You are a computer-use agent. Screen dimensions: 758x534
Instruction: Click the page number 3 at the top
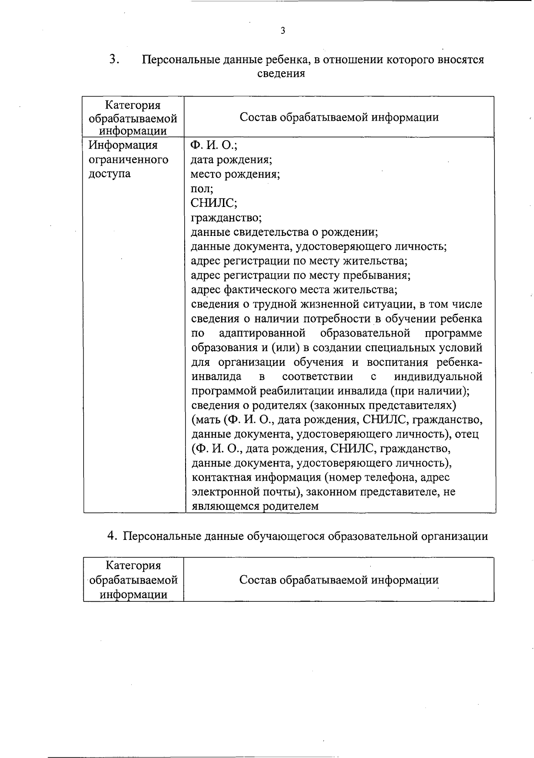click(x=283, y=31)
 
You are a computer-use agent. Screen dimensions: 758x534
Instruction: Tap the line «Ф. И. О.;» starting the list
click(x=214, y=145)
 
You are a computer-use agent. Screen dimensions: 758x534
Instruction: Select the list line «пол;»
click(x=202, y=188)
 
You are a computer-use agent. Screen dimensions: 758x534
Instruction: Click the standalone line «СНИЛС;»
click(x=214, y=203)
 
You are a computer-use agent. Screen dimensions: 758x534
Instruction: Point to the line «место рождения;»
click(x=235, y=174)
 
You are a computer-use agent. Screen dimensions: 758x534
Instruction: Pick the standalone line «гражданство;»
click(x=226, y=218)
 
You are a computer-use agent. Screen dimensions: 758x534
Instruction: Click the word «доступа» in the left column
click(x=109, y=174)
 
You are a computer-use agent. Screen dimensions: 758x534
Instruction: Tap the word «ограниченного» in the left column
click(x=129, y=159)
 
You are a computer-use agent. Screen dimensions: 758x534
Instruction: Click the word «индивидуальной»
click(x=438, y=377)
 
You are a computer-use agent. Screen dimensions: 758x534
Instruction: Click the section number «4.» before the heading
click(x=112, y=536)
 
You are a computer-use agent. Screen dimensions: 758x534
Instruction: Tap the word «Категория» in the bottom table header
click(x=133, y=566)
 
